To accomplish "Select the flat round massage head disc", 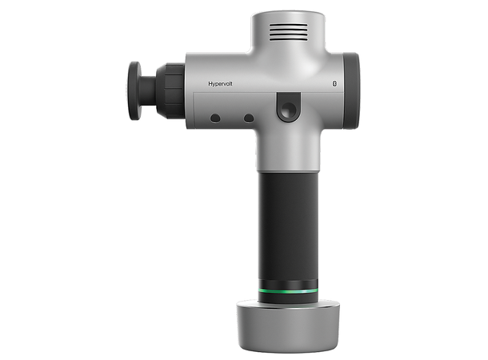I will pyautogui.click(x=134, y=90).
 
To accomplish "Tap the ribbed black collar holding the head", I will pyautogui.click(x=170, y=90).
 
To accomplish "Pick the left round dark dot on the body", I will pyautogui.click(x=215, y=118).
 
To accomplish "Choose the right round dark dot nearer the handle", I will pyautogui.click(x=249, y=118).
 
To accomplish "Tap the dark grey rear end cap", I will pyautogui.click(x=350, y=90).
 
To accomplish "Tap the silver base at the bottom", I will pyautogui.click(x=288, y=324).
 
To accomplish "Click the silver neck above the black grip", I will pyautogui.click(x=288, y=152).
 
